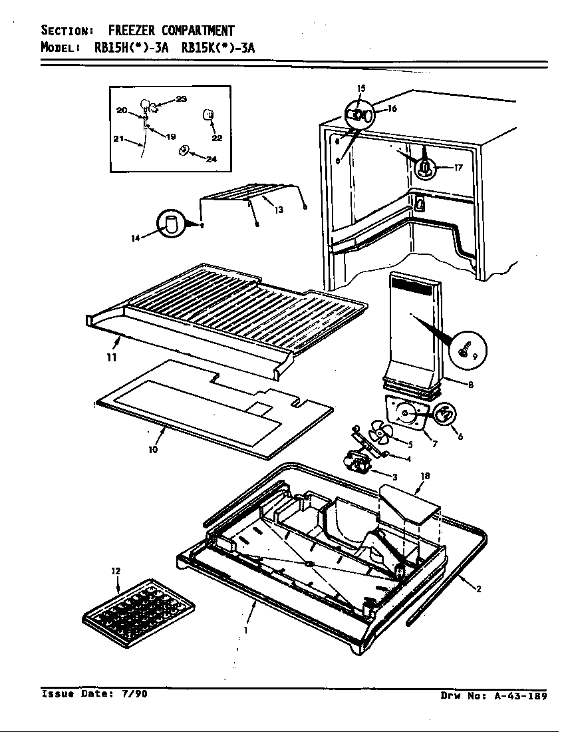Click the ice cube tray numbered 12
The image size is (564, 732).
138,613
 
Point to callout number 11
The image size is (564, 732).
112,357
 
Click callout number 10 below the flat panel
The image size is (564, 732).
153,449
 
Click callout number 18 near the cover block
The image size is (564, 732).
424,476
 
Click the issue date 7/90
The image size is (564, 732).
133,693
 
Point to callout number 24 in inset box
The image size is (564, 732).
211,159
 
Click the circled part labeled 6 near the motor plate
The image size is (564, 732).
446,414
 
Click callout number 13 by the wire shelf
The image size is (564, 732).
279,210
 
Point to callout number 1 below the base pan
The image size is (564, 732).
245,630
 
